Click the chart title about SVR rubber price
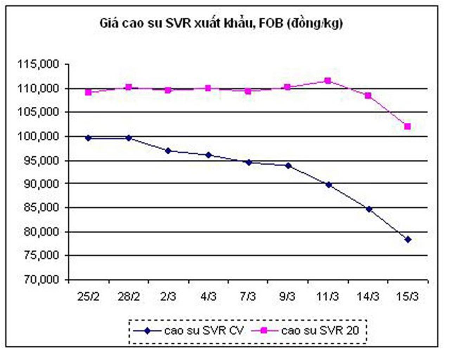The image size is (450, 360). (x=221, y=24)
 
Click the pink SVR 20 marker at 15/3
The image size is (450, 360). (x=407, y=126)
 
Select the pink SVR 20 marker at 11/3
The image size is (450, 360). (x=328, y=81)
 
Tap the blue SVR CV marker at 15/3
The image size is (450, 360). (x=408, y=240)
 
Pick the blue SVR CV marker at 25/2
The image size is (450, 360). (x=88, y=138)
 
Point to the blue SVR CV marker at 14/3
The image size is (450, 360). (x=369, y=209)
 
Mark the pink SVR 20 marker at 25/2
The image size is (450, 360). (x=88, y=92)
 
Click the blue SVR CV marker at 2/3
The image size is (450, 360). (x=168, y=151)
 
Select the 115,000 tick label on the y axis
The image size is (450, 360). (x=39, y=64)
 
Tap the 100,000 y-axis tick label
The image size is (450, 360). (x=39, y=136)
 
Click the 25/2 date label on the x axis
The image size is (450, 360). (x=89, y=297)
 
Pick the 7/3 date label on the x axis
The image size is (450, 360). (x=248, y=297)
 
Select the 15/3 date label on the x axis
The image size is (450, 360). (x=407, y=297)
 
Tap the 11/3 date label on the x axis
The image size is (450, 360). (x=328, y=297)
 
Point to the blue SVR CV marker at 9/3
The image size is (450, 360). (x=288, y=166)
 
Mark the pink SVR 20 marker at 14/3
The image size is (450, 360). (x=368, y=96)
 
